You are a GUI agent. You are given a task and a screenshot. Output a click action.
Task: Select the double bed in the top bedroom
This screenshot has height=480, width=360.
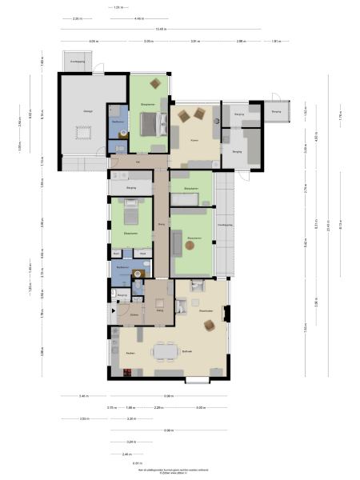point(149,124)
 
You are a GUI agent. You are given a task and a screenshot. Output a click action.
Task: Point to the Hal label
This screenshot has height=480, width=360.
point(138,163)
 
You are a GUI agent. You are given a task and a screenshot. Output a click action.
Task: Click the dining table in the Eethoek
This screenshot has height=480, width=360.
point(167,350)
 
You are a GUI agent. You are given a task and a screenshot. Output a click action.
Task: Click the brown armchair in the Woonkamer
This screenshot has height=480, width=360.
point(210,325)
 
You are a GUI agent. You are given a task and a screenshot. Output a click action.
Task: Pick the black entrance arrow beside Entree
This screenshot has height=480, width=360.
point(106,312)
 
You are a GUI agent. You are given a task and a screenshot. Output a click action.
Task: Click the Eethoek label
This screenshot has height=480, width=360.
point(187,353)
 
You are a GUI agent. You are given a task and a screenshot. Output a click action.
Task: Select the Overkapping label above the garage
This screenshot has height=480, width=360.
point(78,61)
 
